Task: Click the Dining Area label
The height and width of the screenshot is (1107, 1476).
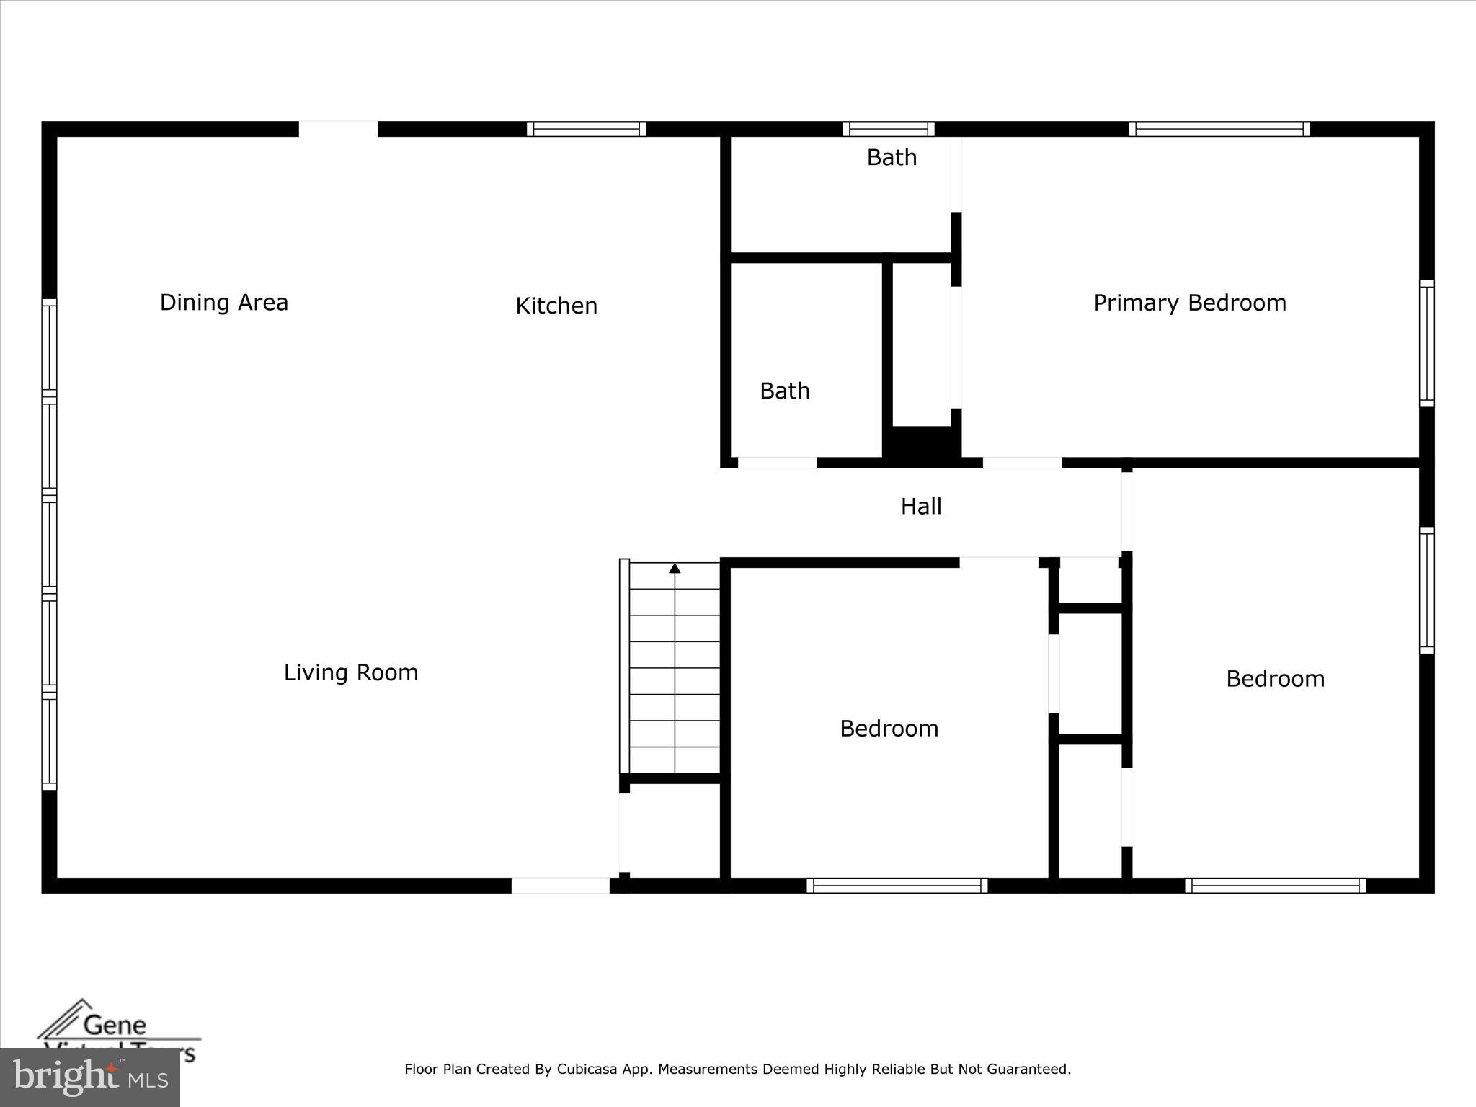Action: pos(223,302)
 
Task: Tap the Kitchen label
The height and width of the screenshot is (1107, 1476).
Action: pos(556,306)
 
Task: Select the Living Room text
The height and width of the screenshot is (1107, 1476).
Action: pos(350,672)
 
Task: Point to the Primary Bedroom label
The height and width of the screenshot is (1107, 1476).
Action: pos(1189,303)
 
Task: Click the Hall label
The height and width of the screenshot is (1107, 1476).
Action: pos(920,507)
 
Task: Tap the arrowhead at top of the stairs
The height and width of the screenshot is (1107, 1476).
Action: pos(675,569)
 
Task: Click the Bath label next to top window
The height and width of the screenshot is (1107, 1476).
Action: pos(891,157)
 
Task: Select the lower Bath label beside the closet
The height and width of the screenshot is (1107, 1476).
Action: pos(784,391)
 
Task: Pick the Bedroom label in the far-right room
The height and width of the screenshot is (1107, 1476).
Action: pos(1275,679)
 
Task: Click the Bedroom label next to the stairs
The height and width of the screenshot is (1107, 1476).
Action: pos(889,729)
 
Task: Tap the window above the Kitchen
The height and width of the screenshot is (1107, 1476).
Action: pos(586,129)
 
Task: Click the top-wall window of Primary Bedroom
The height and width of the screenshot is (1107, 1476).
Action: pos(1219,129)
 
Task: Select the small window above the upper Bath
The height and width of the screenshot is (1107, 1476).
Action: pos(888,129)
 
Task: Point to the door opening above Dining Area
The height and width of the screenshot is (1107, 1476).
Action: pos(338,129)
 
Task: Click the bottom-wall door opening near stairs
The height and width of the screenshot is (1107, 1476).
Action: pos(560,886)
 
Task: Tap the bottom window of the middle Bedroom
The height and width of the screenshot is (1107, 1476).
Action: pos(897,886)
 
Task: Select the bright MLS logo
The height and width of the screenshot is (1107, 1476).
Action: pos(89,1077)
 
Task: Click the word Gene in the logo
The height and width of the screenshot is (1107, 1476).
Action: pos(115,1025)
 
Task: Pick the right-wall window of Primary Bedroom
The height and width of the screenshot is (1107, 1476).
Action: pos(1426,343)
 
